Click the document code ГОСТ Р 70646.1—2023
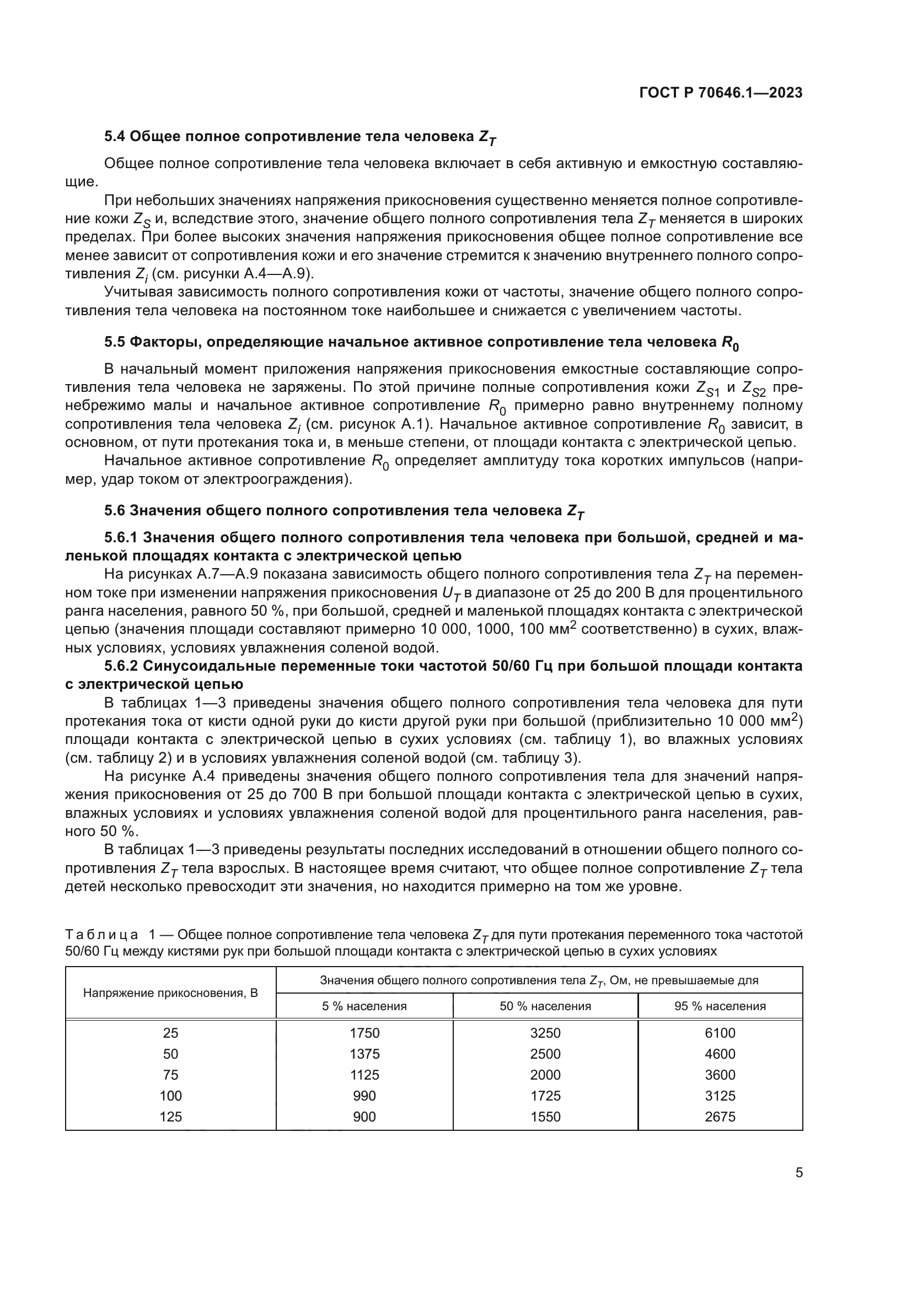pyautogui.click(x=721, y=93)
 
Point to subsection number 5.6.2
pyautogui.click(x=121, y=666)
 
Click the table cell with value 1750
pyautogui.click(x=364, y=1033)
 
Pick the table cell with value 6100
pyautogui.click(x=720, y=1033)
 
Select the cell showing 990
pyautogui.click(x=364, y=1096)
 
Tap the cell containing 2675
pyautogui.click(x=720, y=1117)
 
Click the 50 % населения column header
pyautogui.click(x=545, y=1006)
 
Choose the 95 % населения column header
pyautogui.click(x=720, y=1006)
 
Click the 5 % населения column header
pyautogui.click(x=364, y=1006)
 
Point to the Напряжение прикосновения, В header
pyautogui.click(x=171, y=993)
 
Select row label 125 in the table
pyautogui.click(x=171, y=1117)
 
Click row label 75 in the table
pyautogui.click(x=171, y=1075)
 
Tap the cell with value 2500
pyautogui.click(x=545, y=1054)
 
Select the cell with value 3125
pyautogui.click(x=720, y=1096)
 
